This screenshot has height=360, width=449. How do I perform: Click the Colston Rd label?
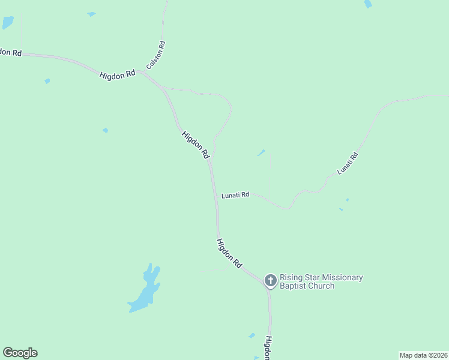pos(156,55)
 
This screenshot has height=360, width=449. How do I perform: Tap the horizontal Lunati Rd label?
pos(235,195)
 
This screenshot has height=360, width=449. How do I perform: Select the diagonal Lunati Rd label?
pos(348,163)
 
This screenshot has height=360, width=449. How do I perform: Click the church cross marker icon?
pos(270,280)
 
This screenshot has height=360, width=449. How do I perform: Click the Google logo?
pos(20,353)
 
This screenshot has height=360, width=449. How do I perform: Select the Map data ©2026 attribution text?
pos(423,355)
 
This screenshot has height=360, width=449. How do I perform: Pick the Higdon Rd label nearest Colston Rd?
pos(118,75)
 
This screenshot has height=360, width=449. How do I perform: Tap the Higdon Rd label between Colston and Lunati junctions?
pos(196,145)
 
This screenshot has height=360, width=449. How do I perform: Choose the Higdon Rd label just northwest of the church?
pos(229,253)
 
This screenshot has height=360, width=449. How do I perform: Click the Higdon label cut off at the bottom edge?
pos(268,347)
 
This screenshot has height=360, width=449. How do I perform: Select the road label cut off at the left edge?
pos(10,52)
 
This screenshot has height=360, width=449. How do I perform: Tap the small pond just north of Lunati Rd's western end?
pos(261,153)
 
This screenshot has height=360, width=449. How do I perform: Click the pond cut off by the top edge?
pos(368,4)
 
